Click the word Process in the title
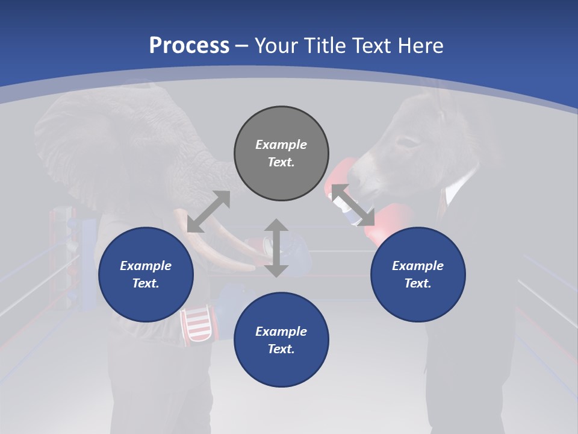point(189,46)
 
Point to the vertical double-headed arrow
point(276,248)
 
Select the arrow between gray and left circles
point(208,212)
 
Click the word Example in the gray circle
point(281,145)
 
